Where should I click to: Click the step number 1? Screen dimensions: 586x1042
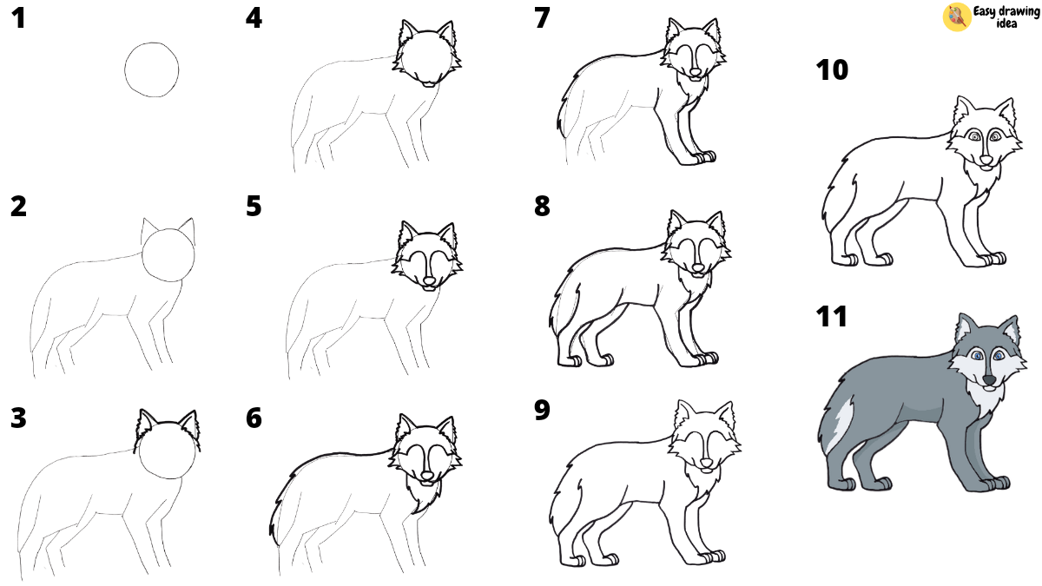tap(18, 19)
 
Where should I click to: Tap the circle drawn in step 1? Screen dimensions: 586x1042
tap(153, 70)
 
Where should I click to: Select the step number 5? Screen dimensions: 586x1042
tap(254, 207)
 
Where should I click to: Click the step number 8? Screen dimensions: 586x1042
tap(542, 207)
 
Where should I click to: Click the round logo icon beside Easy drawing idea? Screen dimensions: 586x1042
tap(956, 17)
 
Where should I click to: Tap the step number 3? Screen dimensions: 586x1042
tap(18, 418)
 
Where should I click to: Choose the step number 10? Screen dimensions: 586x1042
tap(832, 70)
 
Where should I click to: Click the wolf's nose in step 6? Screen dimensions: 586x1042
tap(426, 477)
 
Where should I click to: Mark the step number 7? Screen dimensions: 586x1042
tap(542, 19)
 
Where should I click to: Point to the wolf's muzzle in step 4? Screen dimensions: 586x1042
tap(426, 80)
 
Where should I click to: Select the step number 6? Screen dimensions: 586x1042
tap(254, 418)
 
